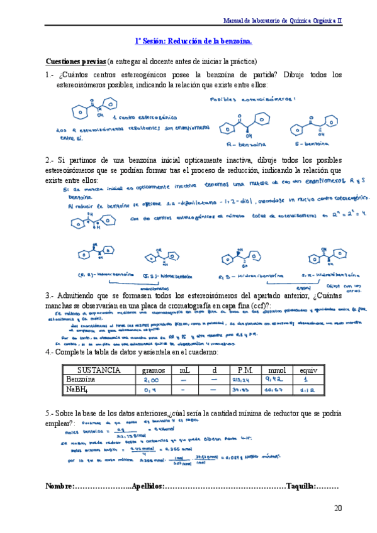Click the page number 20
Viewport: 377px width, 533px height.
[338, 508]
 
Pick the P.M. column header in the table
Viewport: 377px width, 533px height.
[245, 370]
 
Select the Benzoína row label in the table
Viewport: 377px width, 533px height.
[81, 380]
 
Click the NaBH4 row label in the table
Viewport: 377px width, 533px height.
[79, 390]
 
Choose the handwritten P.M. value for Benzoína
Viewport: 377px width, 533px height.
[244, 380]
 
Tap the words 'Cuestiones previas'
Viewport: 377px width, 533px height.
[76, 62]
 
